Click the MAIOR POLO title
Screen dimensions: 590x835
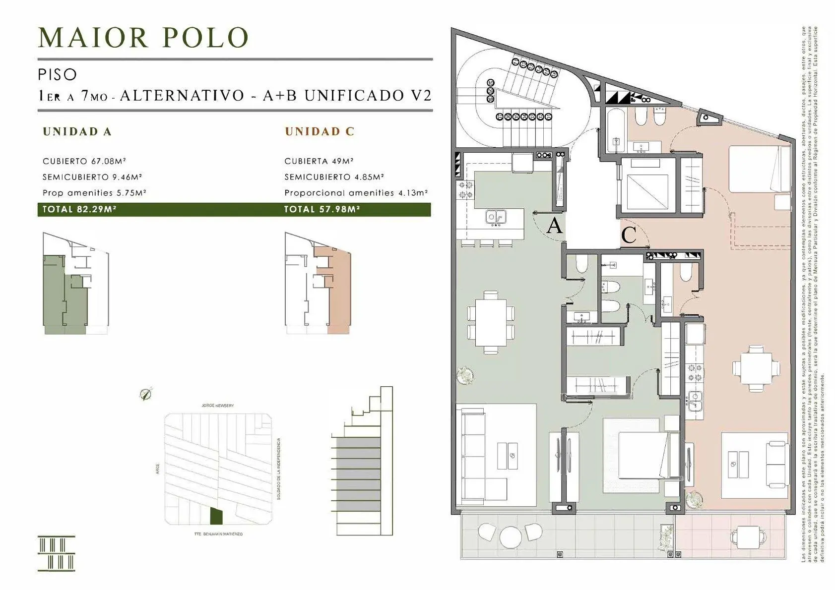tap(143, 38)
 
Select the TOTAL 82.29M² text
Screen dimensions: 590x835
tap(79, 209)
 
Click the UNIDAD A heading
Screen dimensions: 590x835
tap(77, 131)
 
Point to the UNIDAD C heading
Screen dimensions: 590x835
tap(320, 131)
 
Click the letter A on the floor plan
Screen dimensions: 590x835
tap(554, 226)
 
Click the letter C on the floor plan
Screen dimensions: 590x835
tap(629, 235)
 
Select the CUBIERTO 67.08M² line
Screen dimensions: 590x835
tap(84, 161)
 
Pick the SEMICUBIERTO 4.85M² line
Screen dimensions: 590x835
tap(334, 177)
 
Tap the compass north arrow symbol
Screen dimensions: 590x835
tap(145, 395)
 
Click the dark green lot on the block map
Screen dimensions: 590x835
tap(216, 516)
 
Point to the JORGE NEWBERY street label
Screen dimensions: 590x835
tap(217, 406)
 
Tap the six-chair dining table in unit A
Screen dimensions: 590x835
tap(491, 322)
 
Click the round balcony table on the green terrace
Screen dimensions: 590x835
tap(509, 536)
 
